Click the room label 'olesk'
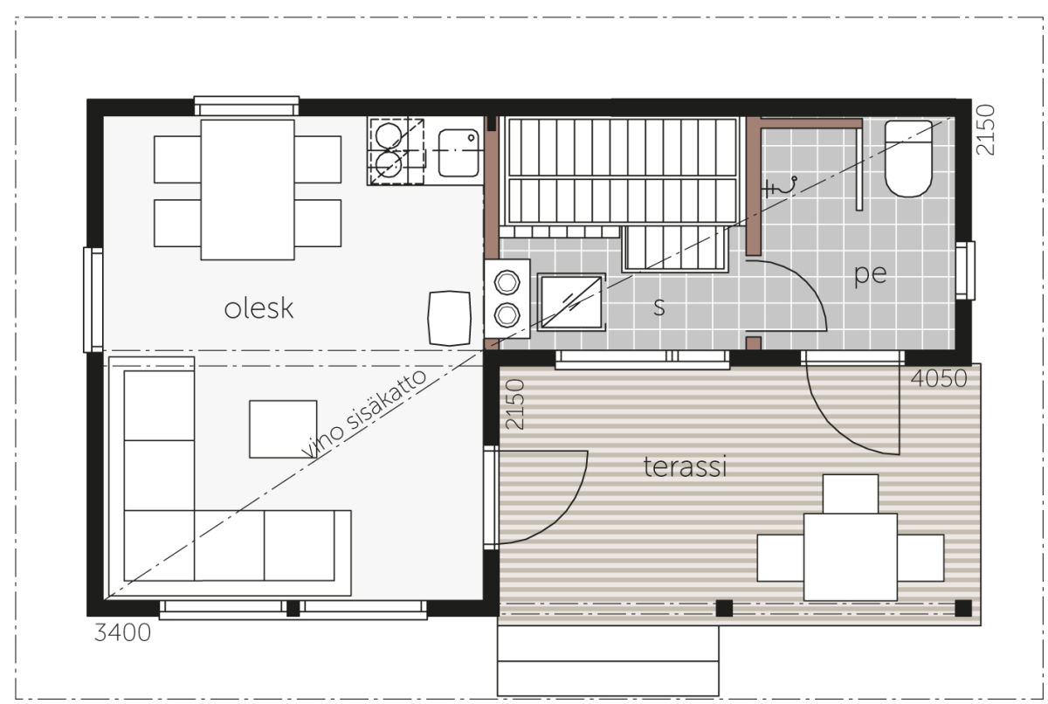259,308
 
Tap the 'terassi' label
685,466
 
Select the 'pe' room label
870,273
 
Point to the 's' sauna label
658,307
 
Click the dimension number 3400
122,633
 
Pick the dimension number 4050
939,378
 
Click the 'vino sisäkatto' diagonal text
364,414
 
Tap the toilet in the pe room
908,159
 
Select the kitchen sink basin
458,153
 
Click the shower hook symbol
779,187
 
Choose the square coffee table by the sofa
283,429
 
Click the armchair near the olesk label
449,318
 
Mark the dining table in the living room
247,190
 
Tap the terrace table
850,556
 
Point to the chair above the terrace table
850,493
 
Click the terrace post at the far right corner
962,608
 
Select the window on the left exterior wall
93,300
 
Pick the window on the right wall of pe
965,271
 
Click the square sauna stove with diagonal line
571,302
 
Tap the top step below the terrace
608,643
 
